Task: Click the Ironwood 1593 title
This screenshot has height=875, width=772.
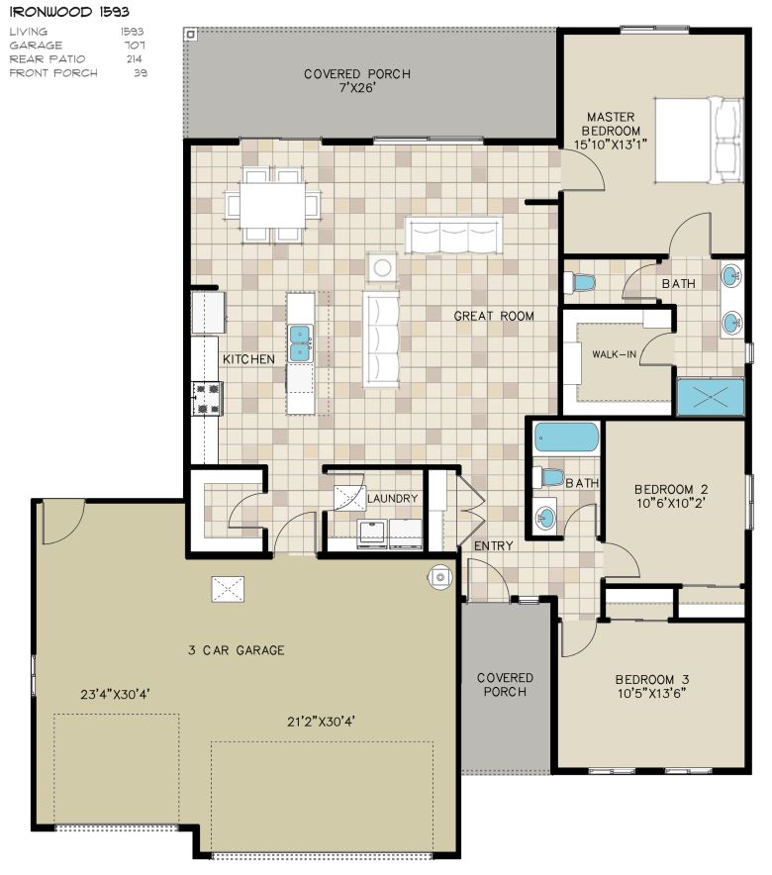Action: (x=69, y=12)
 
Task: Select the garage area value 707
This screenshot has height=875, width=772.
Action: (x=135, y=46)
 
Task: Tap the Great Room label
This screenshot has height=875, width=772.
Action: (x=494, y=316)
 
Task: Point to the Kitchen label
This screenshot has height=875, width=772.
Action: (x=248, y=359)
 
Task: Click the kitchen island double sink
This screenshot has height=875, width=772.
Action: (x=300, y=343)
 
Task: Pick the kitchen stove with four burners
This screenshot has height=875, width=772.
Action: (x=207, y=399)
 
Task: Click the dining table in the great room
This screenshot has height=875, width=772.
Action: (x=273, y=205)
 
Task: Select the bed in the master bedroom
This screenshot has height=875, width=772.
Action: (x=699, y=141)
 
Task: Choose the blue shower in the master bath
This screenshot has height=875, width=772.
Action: (x=710, y=397)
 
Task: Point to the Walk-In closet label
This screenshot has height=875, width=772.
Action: (x=614, y=353)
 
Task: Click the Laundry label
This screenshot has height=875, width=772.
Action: (x=392, y=498)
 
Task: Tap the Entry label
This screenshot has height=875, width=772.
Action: (x=493, y=545)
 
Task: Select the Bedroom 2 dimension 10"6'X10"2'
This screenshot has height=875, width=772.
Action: (x=671, y=504)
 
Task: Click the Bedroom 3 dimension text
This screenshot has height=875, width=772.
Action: (x=651, y=694)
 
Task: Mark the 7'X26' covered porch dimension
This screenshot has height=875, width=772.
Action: (x=357, y=88)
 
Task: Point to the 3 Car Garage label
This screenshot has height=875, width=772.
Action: (x=237, y=650)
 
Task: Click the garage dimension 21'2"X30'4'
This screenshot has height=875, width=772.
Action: (x=322, y=722)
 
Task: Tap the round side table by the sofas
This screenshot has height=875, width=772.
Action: (x=382, y=268)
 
